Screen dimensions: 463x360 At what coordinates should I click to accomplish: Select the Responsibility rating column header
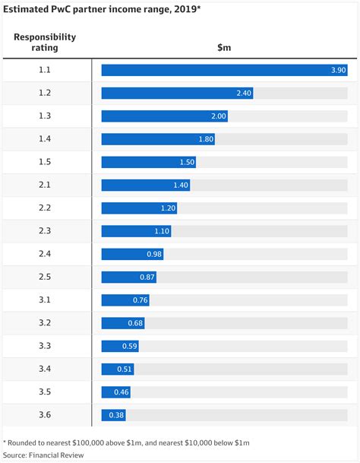pyautogui.click(x=45, y=42)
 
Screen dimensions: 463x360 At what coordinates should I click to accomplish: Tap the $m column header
pyautogui.click(x=224, y=48)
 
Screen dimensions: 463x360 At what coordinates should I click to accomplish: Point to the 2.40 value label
pyautogui.click(x=242, y=94)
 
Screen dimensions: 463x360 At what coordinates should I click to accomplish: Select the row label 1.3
pyautogui.click(x=45, y=116)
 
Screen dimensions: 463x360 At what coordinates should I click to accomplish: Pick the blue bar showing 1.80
pyautogui.click(x=158, y=139)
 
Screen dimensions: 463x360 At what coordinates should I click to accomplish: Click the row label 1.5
pyautogui.click(x=45, y=162)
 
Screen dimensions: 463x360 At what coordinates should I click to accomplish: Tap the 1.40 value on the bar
pyautogui.click(x=181, y=186)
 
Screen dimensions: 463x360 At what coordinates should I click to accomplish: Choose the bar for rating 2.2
pyautogui.click(x=140, y=208)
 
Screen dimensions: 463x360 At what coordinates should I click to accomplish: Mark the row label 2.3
pyautogui.click(x=45, y=231)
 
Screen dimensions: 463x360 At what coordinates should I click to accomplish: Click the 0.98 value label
pyautogui.click(x=154, y=255)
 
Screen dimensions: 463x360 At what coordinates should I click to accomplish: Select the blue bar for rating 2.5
pyautogui.click(x=129, y=277)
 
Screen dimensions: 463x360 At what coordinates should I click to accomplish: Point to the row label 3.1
pyautogui.click(x=45, y=300)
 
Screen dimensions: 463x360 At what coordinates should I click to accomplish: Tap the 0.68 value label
pyautogui.click(x=135, y=323)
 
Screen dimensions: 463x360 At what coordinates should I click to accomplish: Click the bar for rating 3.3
pyautogui.click(x=120, y=346)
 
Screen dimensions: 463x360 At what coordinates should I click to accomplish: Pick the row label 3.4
pyautogui.click(x=45, y=369)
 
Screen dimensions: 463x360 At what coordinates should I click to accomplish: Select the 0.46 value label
pyautogui.click(x=122, y=392)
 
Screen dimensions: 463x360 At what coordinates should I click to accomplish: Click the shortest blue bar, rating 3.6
pyautogui.click(x=114, y=415)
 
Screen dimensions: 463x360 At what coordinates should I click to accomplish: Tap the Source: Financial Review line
pyautogui.click(x=43, y=455)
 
